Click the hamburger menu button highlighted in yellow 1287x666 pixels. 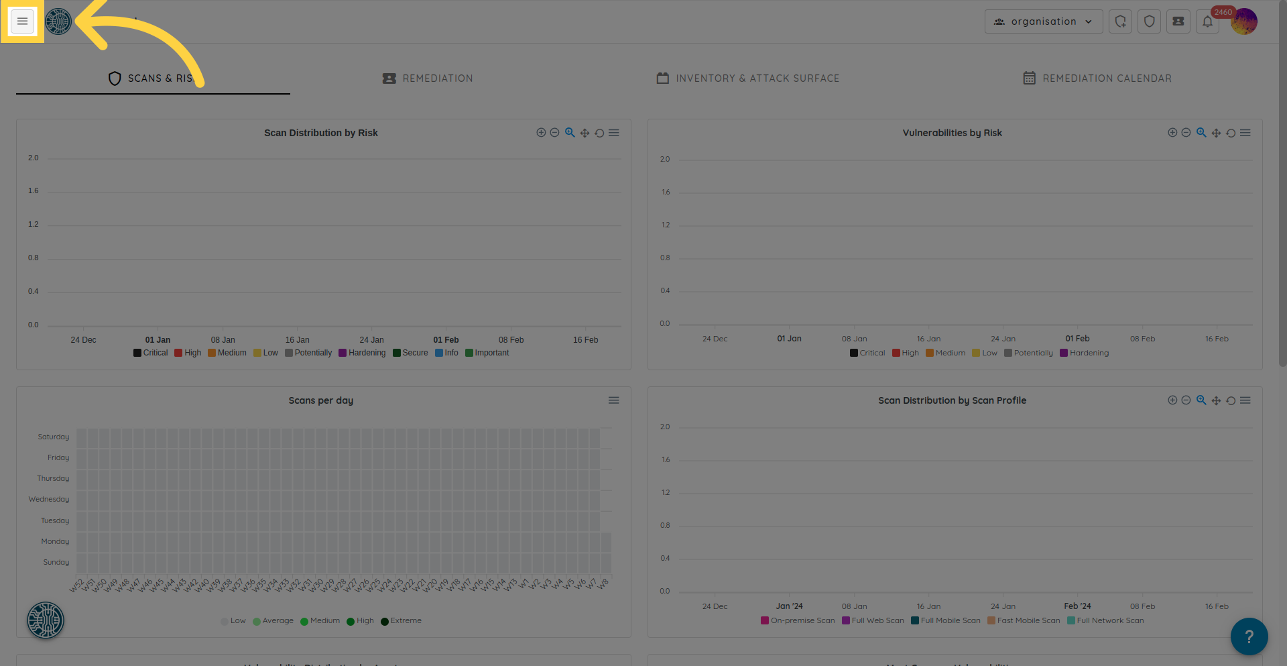click(22, 21)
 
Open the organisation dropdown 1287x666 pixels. click(1043, 21)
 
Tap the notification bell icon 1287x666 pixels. click(1207, 21)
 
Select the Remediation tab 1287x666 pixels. click(428, 78)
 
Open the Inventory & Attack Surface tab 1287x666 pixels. click(747, 78)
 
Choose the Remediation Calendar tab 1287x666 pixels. click(1097, 78)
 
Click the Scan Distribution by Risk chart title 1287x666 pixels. click(320, 133)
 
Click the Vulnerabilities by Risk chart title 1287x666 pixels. click(952, 133)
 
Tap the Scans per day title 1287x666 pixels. click(320, 400)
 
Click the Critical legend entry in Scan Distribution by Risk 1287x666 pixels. click(151, 353)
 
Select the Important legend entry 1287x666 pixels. click(487, 353)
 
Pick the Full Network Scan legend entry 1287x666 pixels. click(1106, 620)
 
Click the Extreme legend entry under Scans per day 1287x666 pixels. click(402, 620)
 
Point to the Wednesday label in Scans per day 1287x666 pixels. click(49, 499)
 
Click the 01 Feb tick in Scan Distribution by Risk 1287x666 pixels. click(446, 340)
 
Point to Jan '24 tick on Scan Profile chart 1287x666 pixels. click(789, 606)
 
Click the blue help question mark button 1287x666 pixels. click(1249, 636)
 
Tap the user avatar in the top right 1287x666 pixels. click(1244, 21)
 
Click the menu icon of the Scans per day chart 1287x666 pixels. click(613, 400)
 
